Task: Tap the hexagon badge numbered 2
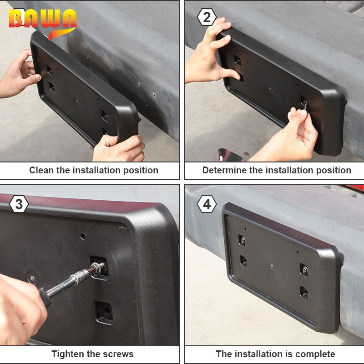[207, 17]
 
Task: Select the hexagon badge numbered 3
[19, 204]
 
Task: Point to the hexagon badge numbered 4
[207, 204]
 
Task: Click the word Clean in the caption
[41, 170]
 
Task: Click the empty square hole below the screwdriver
[104, 312]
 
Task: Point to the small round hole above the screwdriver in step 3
[83, 236]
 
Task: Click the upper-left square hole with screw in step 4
[242, 240]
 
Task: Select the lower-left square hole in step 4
[243, 261]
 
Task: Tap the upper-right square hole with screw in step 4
[304, 270]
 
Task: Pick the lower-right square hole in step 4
[304, 293]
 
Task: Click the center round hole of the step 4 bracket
[272, 266]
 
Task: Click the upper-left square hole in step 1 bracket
[50, 71]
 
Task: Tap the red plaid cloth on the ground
[230, 155]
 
